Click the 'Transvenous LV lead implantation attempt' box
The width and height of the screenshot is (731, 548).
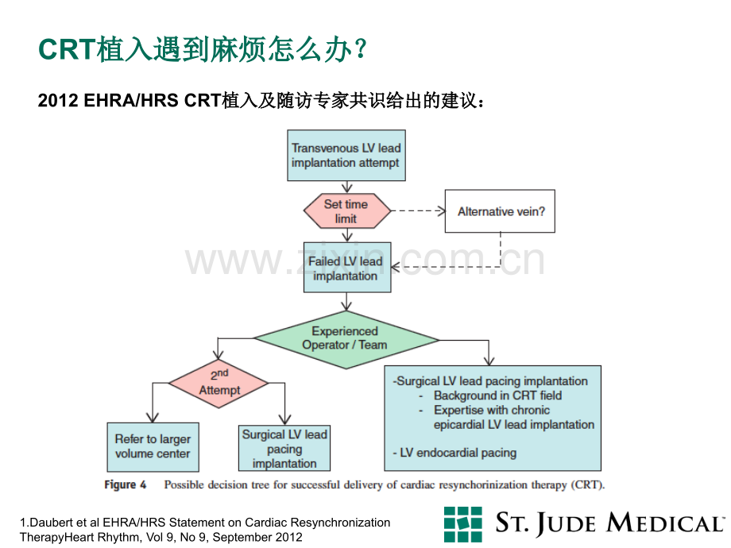[x=346, y=155]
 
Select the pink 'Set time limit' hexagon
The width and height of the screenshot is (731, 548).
[x=347, y=211]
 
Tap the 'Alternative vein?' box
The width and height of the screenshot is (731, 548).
[x=500, y=211]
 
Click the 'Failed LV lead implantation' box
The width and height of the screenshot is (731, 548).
[x=347, y=268]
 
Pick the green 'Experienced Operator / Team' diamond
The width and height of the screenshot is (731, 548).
[x=346, y=340]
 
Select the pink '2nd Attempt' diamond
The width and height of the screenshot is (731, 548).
[x=219, y=384]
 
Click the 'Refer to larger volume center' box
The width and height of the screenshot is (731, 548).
[x=153, y=447]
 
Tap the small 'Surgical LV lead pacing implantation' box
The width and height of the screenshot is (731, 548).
[x=284, y=448]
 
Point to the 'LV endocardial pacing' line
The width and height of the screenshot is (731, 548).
[x=454, y=453]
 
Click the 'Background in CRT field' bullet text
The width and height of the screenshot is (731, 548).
[x=497, y=396]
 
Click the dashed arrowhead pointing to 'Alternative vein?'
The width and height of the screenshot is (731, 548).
[x=441, y=211]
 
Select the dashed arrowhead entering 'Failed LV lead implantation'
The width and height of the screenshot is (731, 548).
[x=396, y=267]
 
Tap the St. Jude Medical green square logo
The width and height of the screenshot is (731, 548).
[x=463, y=524]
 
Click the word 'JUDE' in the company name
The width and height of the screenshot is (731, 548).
[x=566, y=524]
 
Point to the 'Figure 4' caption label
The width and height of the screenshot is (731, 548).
[x=125, y=484]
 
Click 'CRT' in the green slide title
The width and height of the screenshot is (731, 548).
[x=67, y=49]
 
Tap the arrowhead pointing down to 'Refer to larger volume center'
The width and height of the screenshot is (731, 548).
[x=153, y=417]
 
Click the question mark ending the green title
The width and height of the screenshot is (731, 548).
[x=361, y=49]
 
